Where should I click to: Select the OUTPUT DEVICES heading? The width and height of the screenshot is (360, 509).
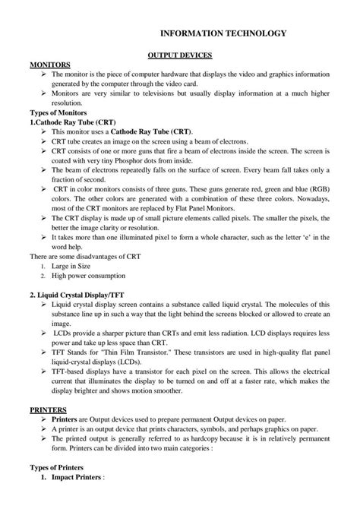(179, 56)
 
